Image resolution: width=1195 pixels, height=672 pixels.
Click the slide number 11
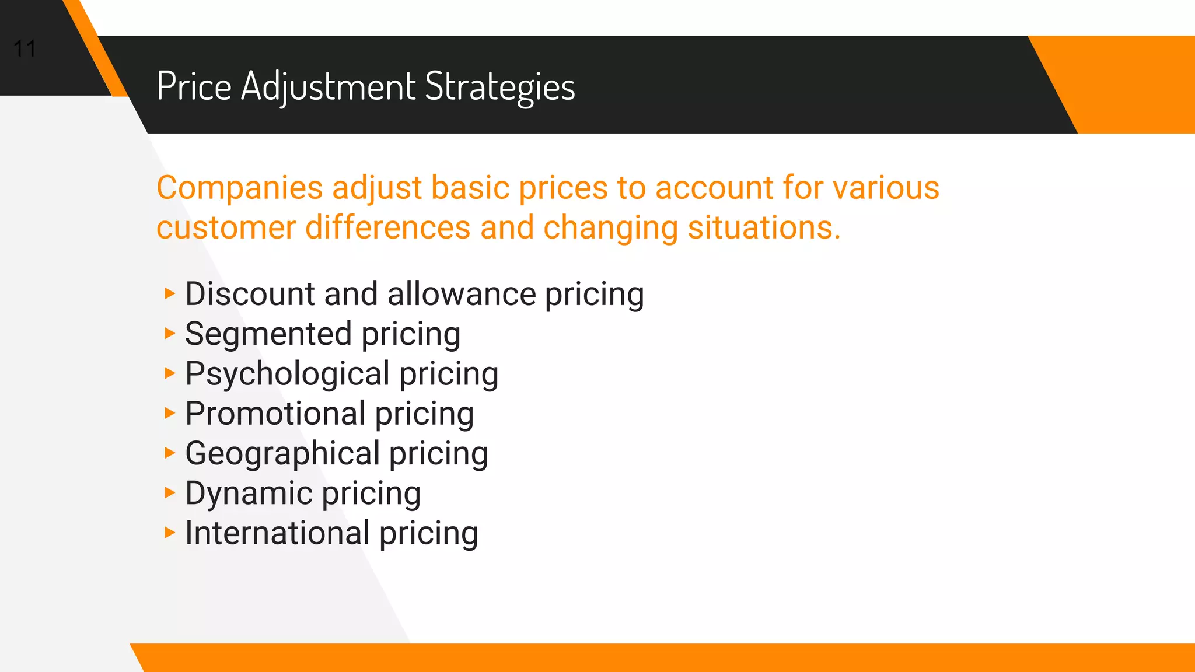click(x=25, y=48)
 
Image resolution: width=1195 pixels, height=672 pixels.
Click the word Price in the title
click(x=194, y=86)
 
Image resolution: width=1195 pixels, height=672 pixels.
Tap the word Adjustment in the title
click(x=329, y=86)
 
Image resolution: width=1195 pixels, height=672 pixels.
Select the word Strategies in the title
click(x=500, y=86)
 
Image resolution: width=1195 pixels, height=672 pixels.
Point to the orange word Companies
click(x=239, y=188)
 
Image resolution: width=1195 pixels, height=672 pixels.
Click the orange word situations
click(x=764, y=228)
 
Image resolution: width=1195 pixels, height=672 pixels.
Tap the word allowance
click(x=461, y=293)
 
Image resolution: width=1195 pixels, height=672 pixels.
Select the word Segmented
click(x=268, y=334)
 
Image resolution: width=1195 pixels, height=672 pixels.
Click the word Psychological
click(x=287, y=373)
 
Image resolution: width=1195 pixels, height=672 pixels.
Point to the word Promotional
click(x=275, y=414)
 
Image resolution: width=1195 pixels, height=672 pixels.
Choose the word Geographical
click(x=282, y=453)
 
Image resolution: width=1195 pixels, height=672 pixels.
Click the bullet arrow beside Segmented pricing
click(x=169, y=333)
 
